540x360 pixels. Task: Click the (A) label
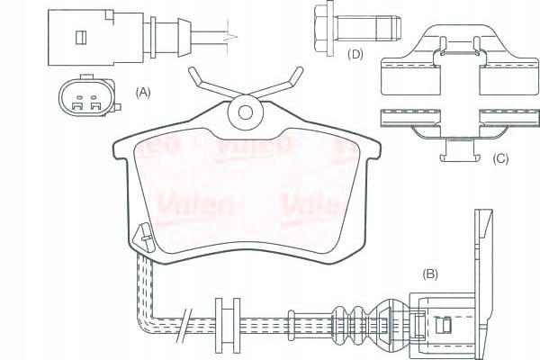point(142,92)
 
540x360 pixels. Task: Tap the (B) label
point(430,273)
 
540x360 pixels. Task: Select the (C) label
point(500,159)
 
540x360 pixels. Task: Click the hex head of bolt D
point(322,22)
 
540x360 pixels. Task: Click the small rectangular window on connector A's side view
point(79,37)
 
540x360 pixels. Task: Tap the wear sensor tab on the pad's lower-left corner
point(142,238)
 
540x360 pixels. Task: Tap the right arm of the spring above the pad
point(281,85)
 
